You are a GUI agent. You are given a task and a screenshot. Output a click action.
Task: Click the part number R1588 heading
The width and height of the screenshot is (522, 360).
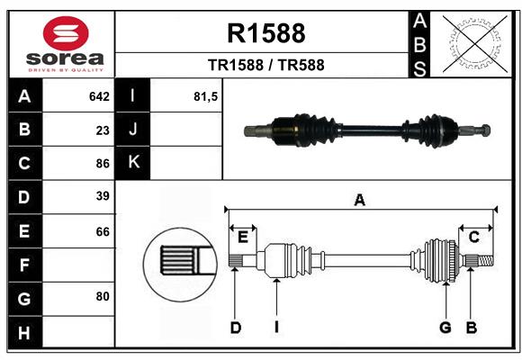[266, 34]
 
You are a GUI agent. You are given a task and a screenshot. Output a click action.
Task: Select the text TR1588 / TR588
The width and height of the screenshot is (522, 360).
[266, 65]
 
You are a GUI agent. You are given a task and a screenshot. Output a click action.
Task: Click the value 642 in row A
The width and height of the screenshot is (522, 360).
[99, 96]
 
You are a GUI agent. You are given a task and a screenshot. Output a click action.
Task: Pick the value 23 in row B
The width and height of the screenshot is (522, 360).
[103, 130]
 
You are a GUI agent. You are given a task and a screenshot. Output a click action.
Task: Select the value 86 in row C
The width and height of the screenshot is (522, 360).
[103, 164]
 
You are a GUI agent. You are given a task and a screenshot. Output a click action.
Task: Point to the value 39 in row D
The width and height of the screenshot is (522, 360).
[103, 196]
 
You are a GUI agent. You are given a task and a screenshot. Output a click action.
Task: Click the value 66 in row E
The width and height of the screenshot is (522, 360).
[103, 231]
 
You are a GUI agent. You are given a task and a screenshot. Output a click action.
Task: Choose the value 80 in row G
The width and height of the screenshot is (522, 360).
[103, 295]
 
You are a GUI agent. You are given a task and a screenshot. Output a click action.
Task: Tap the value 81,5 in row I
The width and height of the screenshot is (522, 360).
[206, 96]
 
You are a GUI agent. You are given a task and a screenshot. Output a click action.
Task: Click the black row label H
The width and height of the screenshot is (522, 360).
[24, 333]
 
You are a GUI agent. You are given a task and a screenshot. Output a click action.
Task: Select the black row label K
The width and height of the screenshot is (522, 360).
[133, 163]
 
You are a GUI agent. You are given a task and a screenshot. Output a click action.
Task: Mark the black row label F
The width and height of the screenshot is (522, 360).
[24, 265]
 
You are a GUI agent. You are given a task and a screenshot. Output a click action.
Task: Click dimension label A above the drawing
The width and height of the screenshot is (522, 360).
[360, 201]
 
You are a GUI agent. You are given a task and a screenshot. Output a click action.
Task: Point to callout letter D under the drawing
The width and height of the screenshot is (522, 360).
[235, 328]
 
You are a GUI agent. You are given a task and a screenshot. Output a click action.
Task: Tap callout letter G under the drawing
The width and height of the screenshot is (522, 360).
[445, 328]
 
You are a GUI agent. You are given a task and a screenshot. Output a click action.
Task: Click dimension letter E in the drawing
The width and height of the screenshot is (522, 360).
[242, 237]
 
